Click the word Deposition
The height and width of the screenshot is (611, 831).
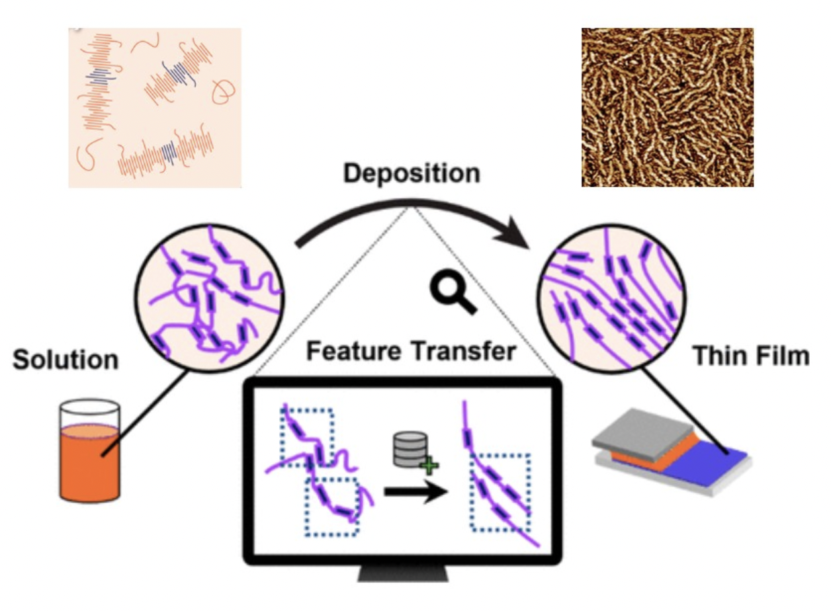(412, 173)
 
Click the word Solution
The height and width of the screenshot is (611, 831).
(66, 360)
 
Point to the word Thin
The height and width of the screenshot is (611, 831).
(717, 356)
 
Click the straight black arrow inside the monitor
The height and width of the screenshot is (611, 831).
(416, 492)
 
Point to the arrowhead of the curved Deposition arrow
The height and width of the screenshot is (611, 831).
(517, 233)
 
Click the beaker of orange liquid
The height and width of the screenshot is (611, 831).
(90, 451)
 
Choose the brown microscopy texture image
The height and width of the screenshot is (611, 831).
(668, 107)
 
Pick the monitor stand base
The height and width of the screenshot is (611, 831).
(403, 573)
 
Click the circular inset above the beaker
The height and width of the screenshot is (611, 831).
(210, 298)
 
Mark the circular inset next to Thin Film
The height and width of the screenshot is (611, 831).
(611, 298)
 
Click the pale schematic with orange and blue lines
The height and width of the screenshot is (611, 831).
(155, 108)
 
